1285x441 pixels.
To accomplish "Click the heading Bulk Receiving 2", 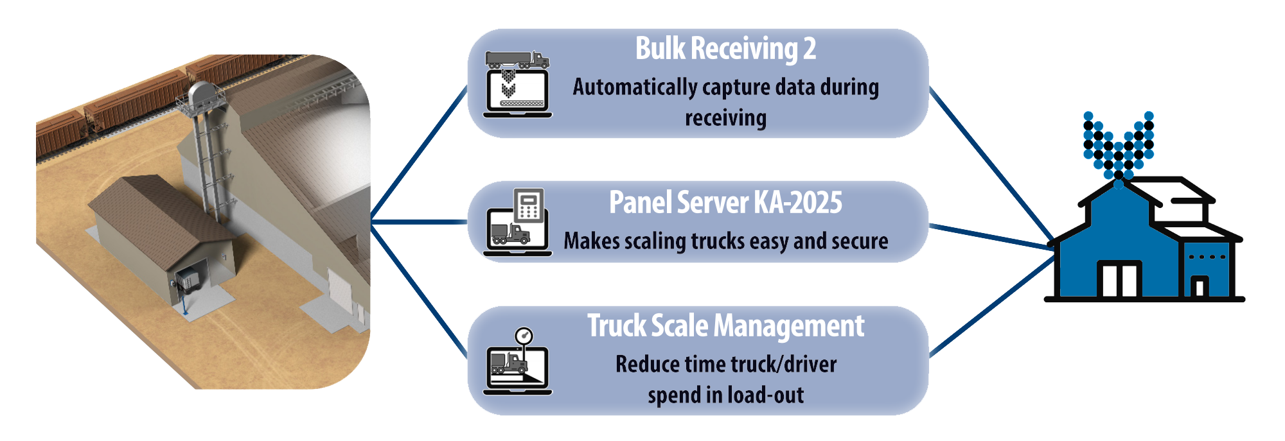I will (725, 49).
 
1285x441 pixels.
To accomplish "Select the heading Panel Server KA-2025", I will (725, 203).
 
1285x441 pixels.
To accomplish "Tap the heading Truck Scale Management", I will (725, 326).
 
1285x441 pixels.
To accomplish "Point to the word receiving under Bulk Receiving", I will (725, 118).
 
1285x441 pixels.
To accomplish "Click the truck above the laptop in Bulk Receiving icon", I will (517, 60).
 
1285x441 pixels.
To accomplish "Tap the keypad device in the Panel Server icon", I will (529, 205).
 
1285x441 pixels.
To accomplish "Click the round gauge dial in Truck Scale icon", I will (524, 335).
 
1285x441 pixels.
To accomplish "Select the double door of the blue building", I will (1119, 280).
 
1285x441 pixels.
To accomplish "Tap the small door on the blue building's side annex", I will (1199, 286).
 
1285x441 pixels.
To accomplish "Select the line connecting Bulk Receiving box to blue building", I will (989, 167).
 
